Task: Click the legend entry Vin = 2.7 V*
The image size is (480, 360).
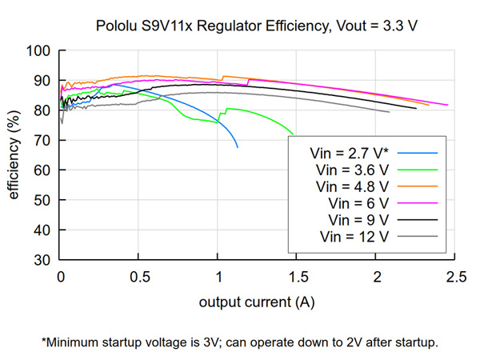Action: pyautogui.click(x=349, y=154)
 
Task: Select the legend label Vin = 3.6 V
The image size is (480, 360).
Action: pyautogui.click(x=352, y=170)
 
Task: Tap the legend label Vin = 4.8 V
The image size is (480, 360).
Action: pyautogui.click(x=352, y=186)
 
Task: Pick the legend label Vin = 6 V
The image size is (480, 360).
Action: pyautogui.click(x=358, y=203)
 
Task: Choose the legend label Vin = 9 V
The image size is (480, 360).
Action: pyautogui.click(x=358, y=220)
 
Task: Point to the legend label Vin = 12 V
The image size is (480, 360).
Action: pyautogui.click(x=354, y=237)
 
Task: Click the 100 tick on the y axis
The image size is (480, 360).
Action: pyautogui.click(x=38, y=50)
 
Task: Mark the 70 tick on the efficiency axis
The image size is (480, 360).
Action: pyautogui.click(x=42, y=141)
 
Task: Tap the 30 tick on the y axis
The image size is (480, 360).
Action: pyautogui.click(x=42, y=260)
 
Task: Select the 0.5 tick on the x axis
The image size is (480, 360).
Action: pyautogui.click(x=140, y=277)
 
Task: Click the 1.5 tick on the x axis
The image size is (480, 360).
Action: pyautogui.click(x=298, y=277)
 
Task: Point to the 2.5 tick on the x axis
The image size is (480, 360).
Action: pyautogui.click(x=456, y=277)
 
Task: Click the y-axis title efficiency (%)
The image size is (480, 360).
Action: pyautogui.click(x=14, y=155)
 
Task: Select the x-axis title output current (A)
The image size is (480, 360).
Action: pyautogui.click(x=257, y=302)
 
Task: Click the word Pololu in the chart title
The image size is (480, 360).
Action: pyautogui.click(x=116, y=26)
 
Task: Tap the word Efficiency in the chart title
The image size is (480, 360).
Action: pyautogui.click(x=298, y=26)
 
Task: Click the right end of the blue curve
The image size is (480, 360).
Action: pyautogui.click(x=238, y=147)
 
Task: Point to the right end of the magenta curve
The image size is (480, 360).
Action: pyautogui.click(x=448, y=105)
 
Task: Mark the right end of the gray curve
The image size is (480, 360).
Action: pyautogui.click(x=390, y=112)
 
